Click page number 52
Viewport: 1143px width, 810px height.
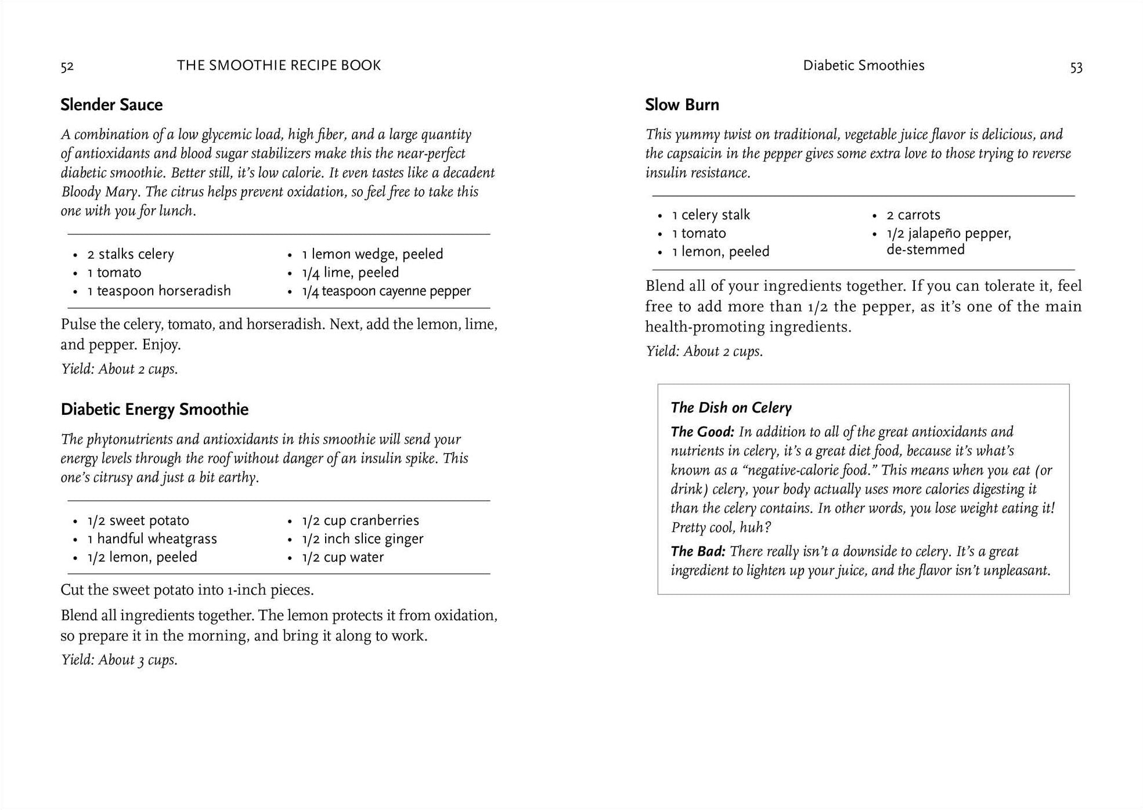coord(67,67)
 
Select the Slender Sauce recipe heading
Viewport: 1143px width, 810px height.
coord(111,105)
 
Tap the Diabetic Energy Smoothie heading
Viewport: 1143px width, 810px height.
coord(154,410)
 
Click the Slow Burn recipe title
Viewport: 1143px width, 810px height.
coord(682,105)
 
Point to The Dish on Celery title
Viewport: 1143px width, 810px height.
coord(731,408)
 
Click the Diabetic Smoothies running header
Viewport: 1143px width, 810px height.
coord(863,66)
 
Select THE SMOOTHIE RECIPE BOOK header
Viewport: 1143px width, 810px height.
coord(279,66)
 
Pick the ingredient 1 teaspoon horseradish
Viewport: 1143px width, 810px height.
coord(158,291)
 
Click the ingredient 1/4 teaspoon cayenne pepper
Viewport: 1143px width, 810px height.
coord(386,291)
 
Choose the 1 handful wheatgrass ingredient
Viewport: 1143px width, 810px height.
coord(152,539)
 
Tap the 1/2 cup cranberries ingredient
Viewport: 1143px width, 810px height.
coord(360,520)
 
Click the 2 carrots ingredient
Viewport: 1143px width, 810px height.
coord(913,215)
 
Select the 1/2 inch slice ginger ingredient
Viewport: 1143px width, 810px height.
coord(362,539)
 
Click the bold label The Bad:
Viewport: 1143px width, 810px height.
coord(698,551)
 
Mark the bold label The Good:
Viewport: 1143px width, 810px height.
coord(702,432)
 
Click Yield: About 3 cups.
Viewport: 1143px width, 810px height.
coord(119,660)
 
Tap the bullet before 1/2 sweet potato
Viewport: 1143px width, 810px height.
coord(75,522)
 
